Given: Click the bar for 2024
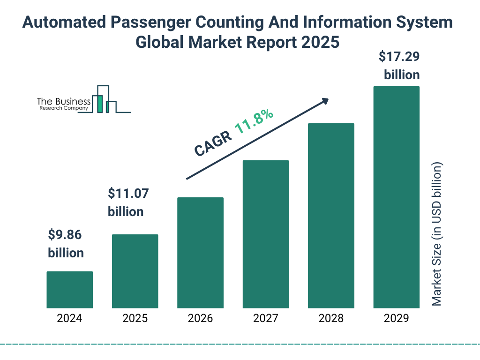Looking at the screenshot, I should click(69, 290).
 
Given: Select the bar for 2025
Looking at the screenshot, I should click(135, 271).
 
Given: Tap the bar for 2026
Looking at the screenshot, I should click(200, 253).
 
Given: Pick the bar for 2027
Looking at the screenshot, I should click(265, 234).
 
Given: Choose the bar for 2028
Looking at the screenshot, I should click(331, 216).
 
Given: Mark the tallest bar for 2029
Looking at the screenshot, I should click(396, 197).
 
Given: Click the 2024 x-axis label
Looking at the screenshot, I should click(69, 319).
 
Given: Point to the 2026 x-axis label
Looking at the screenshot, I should click(200, 319).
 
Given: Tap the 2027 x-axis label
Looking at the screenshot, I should click(265, 319).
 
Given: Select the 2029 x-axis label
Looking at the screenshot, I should click(396, 319).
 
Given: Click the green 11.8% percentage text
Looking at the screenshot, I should click(254, 122).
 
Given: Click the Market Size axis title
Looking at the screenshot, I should click(437, 234).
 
